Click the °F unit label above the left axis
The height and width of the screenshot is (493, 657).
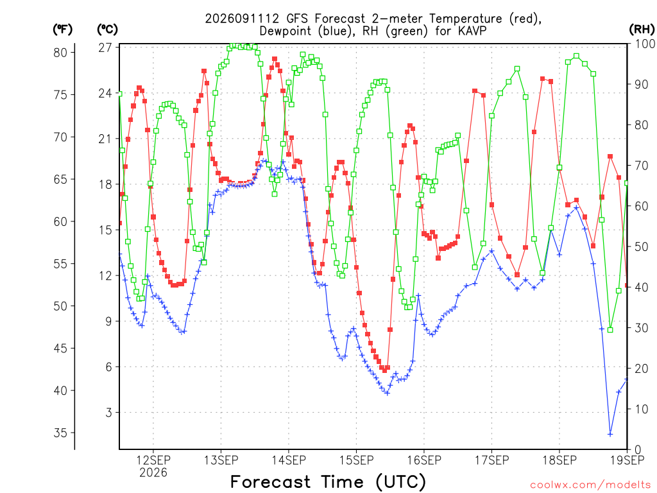(62, 30)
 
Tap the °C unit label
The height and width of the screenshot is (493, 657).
(107, 30)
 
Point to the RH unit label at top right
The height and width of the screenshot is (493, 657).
(642, 30)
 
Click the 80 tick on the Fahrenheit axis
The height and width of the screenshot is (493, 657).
(60, 53)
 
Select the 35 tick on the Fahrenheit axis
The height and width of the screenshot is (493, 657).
(60, 433)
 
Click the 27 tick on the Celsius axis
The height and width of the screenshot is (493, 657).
(105, 48)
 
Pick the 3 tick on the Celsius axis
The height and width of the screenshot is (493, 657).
(109, 413)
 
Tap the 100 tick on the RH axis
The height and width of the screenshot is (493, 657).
(645, 44)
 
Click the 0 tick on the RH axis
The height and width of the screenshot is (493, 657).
(638, 449)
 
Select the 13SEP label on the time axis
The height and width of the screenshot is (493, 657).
(221, 460)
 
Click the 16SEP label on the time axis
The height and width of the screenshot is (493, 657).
(424, 460)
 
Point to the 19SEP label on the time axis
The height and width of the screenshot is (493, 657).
(627, 460)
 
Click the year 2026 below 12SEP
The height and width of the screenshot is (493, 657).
(153, 472)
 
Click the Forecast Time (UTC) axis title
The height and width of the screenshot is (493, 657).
(328, 482)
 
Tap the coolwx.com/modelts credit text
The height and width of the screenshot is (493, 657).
(591, 485)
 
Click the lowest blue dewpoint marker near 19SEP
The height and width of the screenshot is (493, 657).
(610, 435)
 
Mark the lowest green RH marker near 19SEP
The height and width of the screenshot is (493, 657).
(610, 330)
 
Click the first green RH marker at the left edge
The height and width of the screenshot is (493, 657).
(120, 94)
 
